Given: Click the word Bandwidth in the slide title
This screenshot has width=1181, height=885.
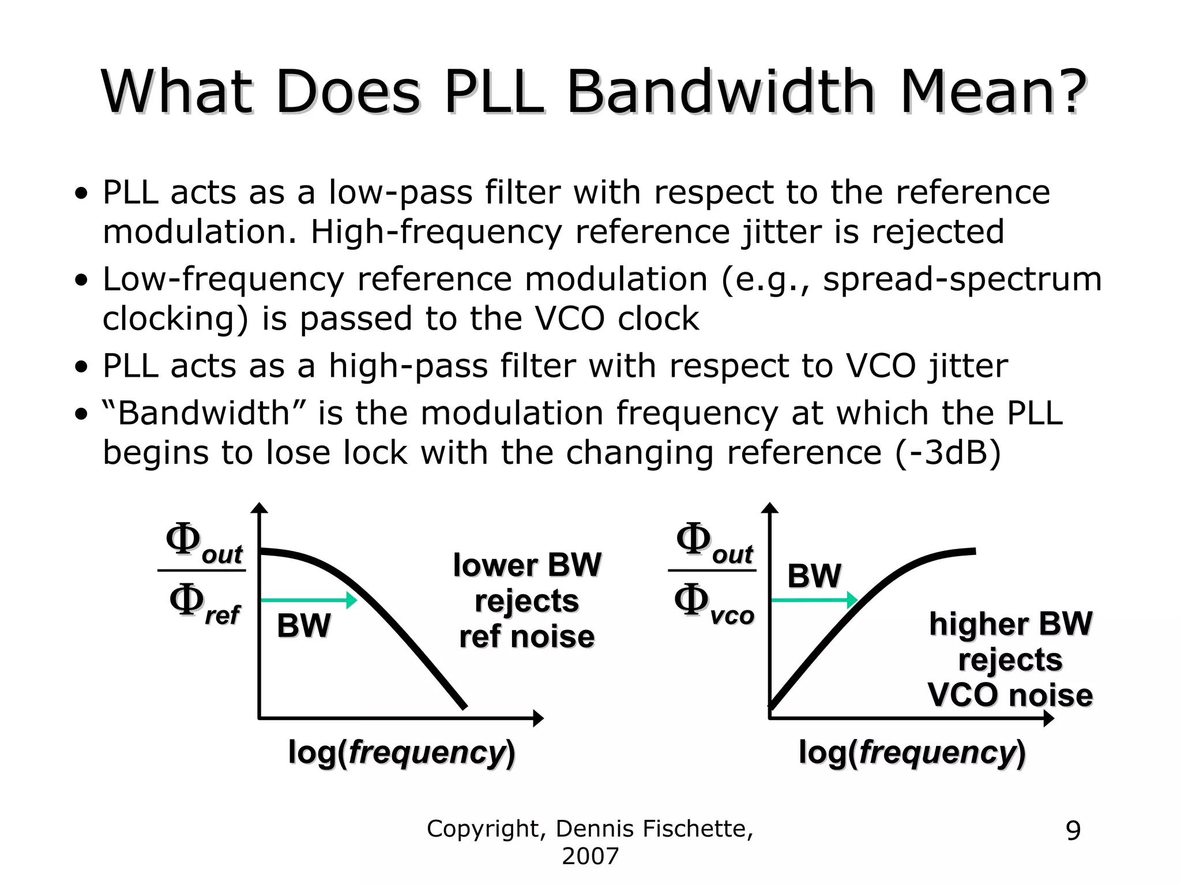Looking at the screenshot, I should pos(721,92).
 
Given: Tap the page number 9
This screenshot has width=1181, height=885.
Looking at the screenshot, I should pos(1073,831).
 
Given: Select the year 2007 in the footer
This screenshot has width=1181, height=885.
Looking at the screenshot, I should pos(590,856).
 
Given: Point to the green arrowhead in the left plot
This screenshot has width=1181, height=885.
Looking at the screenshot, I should pos(351,600).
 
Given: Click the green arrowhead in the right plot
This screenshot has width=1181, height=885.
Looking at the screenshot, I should pos(852,600).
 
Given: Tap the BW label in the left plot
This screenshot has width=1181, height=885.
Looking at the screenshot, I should pos(304,626).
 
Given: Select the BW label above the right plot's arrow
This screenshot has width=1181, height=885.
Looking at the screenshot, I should pos(814,576).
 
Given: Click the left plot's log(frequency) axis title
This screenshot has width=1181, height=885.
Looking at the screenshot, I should pos(401,752).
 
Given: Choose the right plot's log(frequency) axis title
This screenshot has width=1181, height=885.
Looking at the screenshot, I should pos(912,752).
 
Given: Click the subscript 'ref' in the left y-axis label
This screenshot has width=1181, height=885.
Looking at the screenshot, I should pos(223,616).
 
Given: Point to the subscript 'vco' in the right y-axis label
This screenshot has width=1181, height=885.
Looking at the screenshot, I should pos(732,616).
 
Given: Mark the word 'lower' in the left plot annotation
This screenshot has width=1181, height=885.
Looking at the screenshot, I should pos(494,565).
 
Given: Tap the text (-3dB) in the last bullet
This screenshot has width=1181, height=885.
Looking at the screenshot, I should pos(948,452).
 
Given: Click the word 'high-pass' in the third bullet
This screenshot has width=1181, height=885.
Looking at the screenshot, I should pos(408,366).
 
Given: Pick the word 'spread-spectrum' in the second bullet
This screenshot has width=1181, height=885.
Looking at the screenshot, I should pos(962,279).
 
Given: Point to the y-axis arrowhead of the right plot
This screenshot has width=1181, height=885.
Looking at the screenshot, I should pos(770,508).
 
